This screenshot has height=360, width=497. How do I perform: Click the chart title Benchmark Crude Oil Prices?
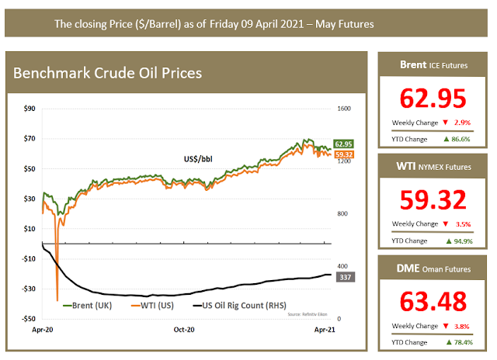point(108,74)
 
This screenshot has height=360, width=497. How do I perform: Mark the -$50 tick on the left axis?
point(28,318)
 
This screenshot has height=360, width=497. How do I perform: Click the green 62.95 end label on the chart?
point(344,144)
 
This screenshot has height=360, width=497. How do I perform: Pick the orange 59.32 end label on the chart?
point(344,154)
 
